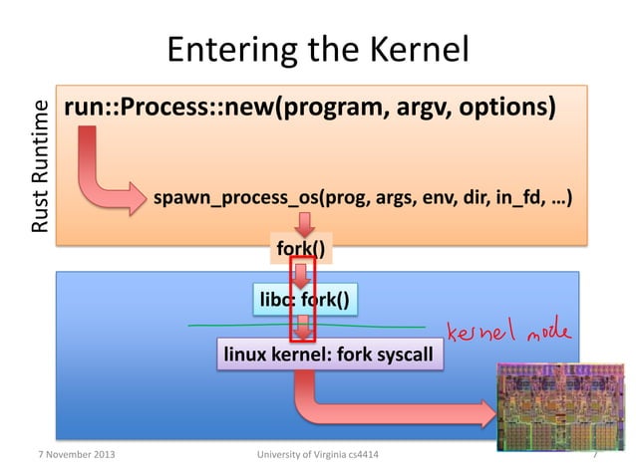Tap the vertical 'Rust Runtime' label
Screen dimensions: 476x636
[x=40, y=166]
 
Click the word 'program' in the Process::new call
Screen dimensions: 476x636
[x=318, y=108]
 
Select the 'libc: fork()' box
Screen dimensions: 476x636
[x=304, y=299]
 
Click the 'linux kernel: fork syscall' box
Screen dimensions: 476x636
[x=329, y=354]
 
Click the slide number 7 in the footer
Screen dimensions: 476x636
[x=594, y=455]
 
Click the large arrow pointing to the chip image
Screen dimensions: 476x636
[x=399, y=408]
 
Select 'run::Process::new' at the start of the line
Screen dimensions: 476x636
[x=150, y=108]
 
